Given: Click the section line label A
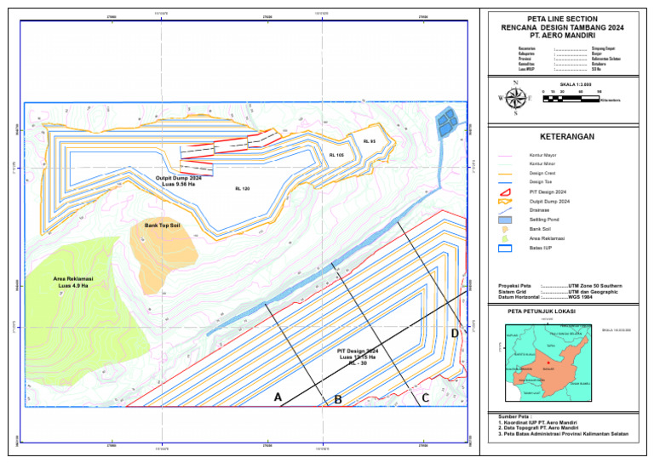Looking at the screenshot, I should (x=278, y=397).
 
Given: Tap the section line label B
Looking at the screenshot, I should (x=337, y=399).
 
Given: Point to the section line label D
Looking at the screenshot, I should (x=455, y=333).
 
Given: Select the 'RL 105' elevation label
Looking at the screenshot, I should (x=336, y=155).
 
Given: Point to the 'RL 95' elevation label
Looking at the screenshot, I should (x=369, y=140).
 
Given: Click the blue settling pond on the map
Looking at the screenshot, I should (x=445, y=124).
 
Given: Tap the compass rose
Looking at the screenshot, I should (x=514, y=98).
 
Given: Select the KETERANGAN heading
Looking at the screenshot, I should (x=566, y=136).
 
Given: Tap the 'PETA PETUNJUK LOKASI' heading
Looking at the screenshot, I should (x=541, y=312).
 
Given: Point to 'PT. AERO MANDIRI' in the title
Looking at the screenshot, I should (x=563, y=37).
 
